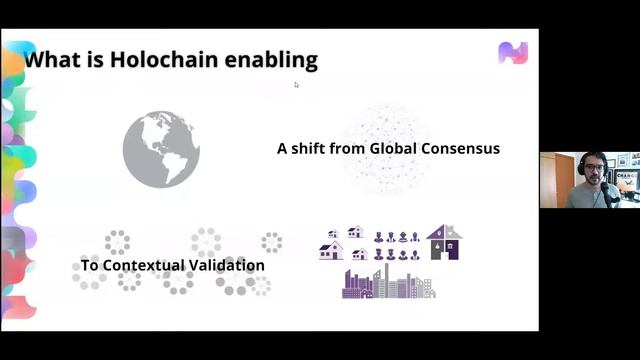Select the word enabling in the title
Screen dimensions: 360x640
pyautogui.click(x=273, y=60)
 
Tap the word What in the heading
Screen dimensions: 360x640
pyautogui.click(x=49, y=60)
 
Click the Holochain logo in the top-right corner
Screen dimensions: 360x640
pyautogui.click(x=512, y=53)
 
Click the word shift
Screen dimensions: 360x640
pyautogui.click(x=313, y=148)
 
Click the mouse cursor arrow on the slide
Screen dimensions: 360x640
pyautogui.click(x=296, y=85)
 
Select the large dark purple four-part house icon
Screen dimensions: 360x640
pyautogui.click(x=444, y=243)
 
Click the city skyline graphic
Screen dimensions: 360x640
pyautogui.click(x=388, y=283)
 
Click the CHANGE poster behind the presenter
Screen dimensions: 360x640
pyautogui.click(x=628, y=178)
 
